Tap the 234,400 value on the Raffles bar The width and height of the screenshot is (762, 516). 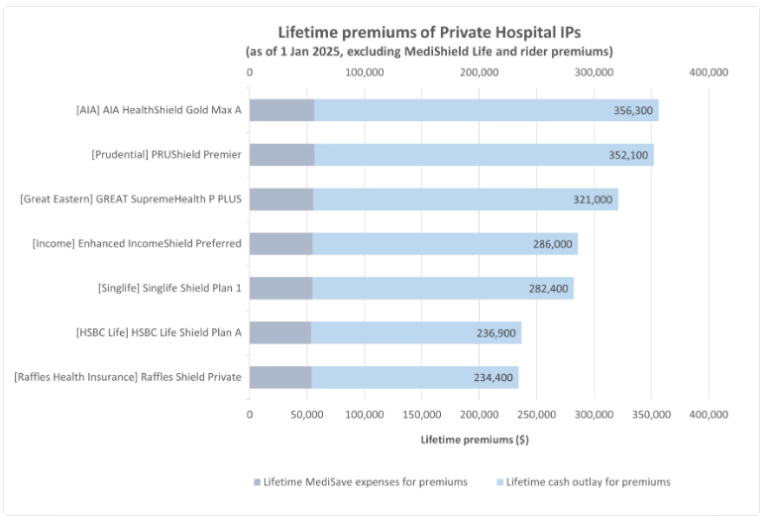pyautogui.click(x=493, y=378)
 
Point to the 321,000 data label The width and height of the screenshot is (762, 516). pyautogui.click(x=593, y=199)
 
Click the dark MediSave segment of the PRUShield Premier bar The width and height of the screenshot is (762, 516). pyautogui.click(x=281, y=155)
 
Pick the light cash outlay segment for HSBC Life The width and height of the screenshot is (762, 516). pyautogui.click(x=416, y=333)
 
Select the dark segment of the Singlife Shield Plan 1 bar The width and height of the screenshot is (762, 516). pyautogui.click(x=280, y=289)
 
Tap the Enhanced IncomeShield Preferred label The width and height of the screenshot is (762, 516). pyautogui.click(x=137, y=244)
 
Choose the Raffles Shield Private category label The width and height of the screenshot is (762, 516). pyautogui.click(x=128, y=377)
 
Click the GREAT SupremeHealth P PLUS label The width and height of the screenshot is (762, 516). pyautogui.click(x=131, y=199)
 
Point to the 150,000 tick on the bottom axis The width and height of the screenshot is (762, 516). pyautogui.click(x=421, y=414)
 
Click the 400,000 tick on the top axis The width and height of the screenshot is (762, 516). pyautogui.click(x=708, y=72)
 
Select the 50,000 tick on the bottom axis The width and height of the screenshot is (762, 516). pyautogui.click(x=306, y=414)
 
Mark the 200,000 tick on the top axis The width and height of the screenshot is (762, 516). pyautogui.click(x=479, y=72)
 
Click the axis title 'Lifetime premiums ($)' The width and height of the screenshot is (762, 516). pyautogui.click(x=475, y=439)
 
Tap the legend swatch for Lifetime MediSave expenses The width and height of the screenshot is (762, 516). pyautogui.click(x=257, y=482)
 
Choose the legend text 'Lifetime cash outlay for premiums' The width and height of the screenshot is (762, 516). pyautogui.click(x=588, y=482)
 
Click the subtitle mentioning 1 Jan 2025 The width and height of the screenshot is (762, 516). pyautogui.click(x=429, y=51)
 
